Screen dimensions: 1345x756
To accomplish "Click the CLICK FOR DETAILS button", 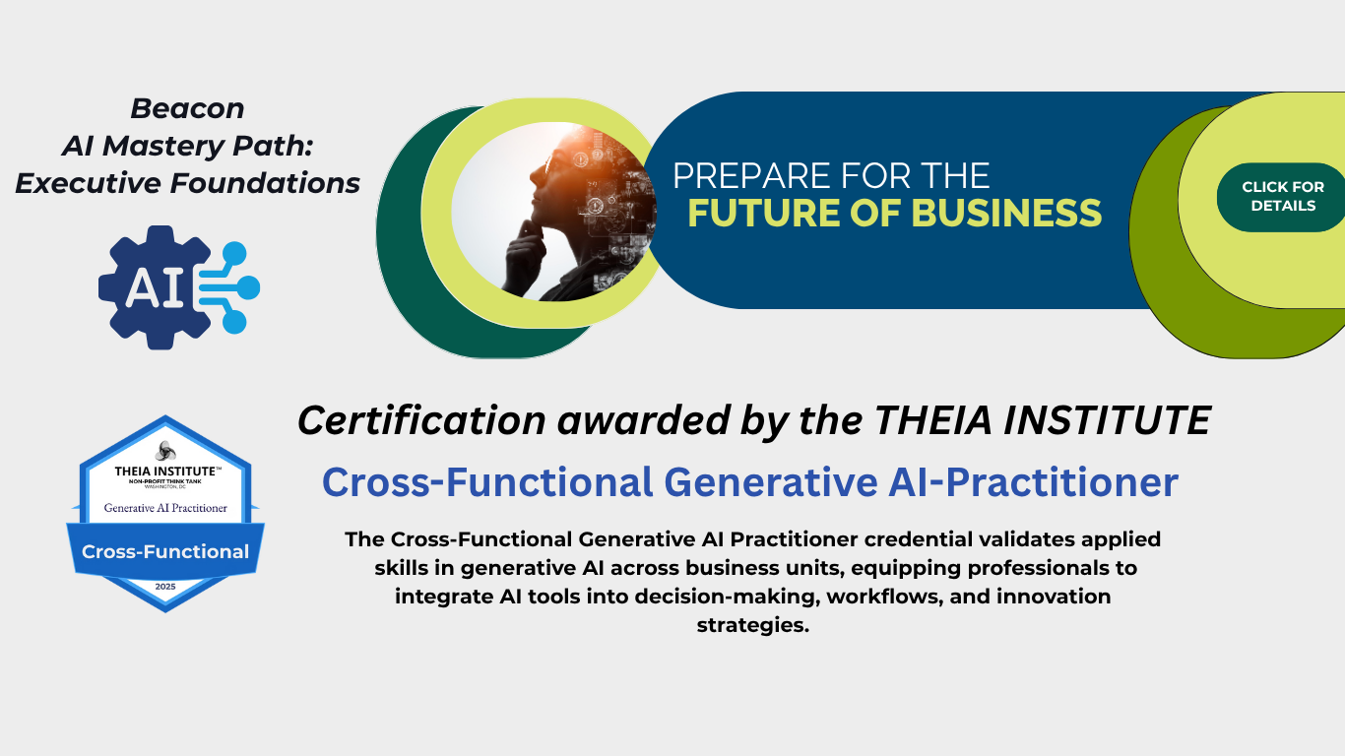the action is coord(1281,197).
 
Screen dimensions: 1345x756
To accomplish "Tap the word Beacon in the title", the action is coord(187,108).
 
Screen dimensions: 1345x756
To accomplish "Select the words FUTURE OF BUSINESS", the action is coord(895,214).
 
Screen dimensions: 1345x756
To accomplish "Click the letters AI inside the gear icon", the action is coord(155,287).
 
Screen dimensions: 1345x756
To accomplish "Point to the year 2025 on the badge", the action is coord(165,587).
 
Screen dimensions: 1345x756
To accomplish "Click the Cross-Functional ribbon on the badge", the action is coord(165,551).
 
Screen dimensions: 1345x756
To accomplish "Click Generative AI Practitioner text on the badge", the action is coord(165,508).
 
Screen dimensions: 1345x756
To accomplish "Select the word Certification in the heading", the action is coord(421,419).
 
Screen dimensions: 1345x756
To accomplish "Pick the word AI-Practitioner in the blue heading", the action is coord(1033,482).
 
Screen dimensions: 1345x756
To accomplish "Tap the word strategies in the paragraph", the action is coord(753,626).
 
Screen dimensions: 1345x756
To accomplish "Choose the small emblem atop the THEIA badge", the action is coord(165,452).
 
